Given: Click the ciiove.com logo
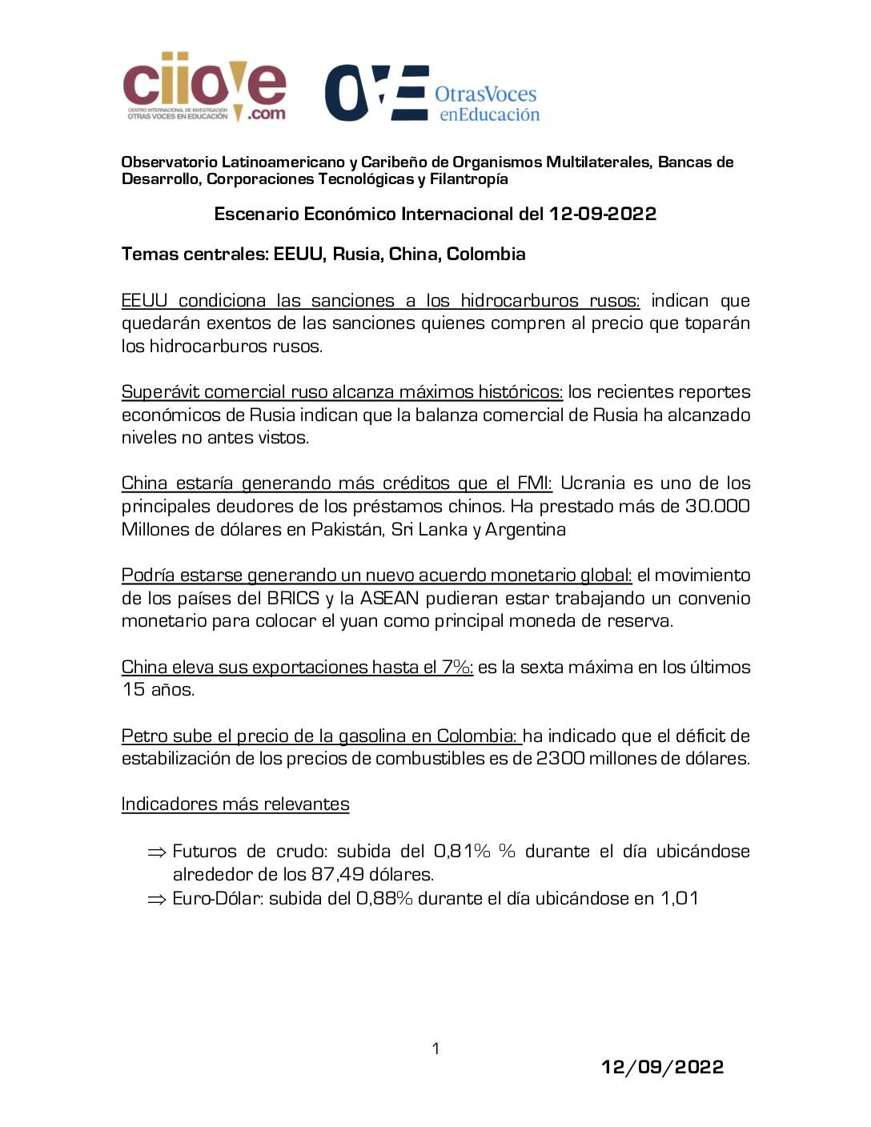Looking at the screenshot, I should click(204, 87).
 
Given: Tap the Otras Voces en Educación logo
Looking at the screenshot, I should click(432, 94).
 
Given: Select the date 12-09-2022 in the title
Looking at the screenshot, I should click(602, 215).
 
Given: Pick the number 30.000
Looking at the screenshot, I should click(717, 507).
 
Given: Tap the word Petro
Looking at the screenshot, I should click(142, 736).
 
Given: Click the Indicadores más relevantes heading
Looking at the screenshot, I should click(235, 804).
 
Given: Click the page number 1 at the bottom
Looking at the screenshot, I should click(435, 1049).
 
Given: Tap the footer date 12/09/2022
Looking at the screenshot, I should click(662, 1067).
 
